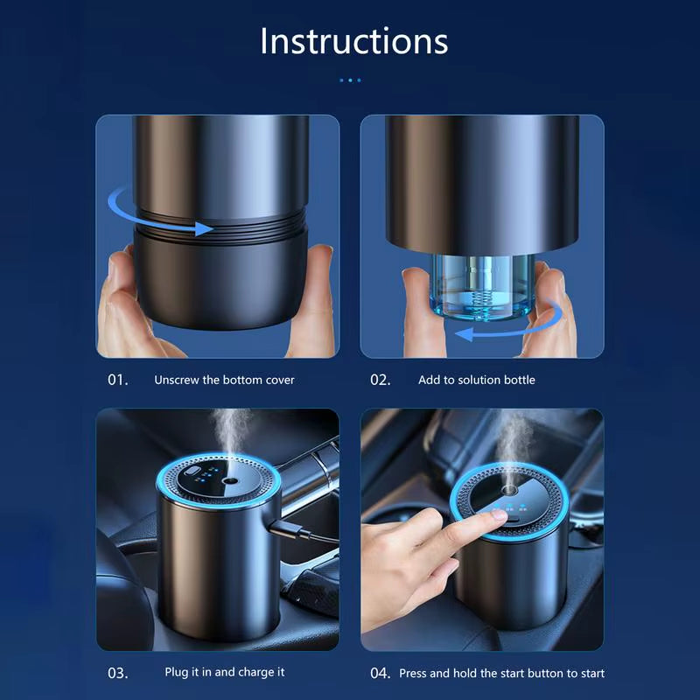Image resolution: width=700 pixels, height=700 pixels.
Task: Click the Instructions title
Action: [x=353, y=41]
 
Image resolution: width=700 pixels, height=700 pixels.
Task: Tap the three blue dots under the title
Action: [x=349, y=80]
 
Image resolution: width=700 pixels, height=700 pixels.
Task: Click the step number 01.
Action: [x=118, y=380]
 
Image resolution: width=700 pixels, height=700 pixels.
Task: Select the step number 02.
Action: [x=381, y=380]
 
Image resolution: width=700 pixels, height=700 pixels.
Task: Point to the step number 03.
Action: [x=118, y=673]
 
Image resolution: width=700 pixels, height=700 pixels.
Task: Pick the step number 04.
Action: [x=380, y=673]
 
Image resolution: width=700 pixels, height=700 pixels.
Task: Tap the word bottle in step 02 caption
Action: [x=517, y=380]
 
